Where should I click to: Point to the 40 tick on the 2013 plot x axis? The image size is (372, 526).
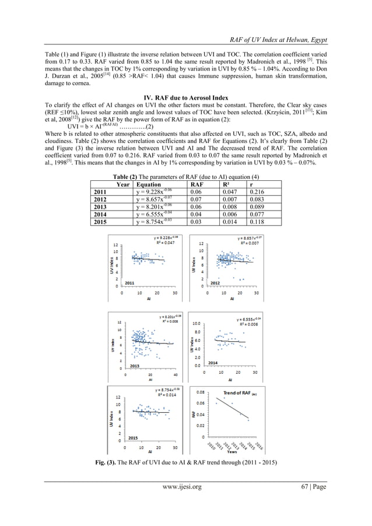pos(173,374)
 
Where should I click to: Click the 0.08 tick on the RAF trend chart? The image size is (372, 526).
pos(200,393)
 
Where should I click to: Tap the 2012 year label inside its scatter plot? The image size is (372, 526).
pos(215,283)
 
